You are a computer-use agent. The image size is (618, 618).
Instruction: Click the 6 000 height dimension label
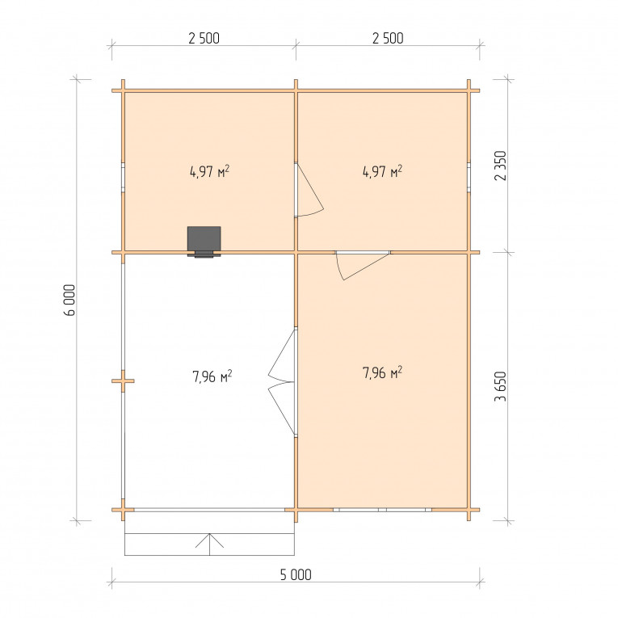pyautogui.click(x=69, y=300)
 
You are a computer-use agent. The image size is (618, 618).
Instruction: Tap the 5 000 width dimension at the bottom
pyautogui.click(x=296, y=574)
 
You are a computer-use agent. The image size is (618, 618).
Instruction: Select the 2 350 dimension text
pyautogui.click(x=500, y=166)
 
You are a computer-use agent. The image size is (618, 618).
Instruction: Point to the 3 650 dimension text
pyautogui.click(x=500, y=386)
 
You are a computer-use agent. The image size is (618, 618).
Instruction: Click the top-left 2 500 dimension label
pyautogui.click(x=204, y=38)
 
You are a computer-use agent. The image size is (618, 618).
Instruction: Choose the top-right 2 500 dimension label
pyautogui.click(x=388, y=38)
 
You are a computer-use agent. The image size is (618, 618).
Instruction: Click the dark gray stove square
pyautogui.click(x=204, y=239)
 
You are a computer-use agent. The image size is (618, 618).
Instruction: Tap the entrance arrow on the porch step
pyautogui.click(x=210, y=544)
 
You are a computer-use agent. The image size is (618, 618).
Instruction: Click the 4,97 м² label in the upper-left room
pyautogui.click(x=210, y=172)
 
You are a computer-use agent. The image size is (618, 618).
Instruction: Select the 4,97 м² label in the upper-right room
pyautogui.click(x=382, y=171)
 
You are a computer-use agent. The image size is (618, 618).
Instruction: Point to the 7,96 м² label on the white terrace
pyautogui.click(x=212, y=376)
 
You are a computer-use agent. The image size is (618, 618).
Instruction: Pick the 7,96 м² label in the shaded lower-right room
pyautogui.click(x=382, y=372)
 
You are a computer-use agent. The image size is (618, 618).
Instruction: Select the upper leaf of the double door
pyautogui.click(x=280, y=355)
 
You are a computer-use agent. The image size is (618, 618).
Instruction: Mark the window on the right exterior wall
pyautogui.click(x=469, y=178)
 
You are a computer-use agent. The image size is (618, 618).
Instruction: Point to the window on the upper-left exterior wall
pyautogui.click(x=123, y=178)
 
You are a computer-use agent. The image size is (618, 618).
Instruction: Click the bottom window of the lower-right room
pyautogui.click(x=382, y=510)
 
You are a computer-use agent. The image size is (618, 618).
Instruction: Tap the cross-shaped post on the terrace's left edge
pyautogui.click(x=123, y=380)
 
